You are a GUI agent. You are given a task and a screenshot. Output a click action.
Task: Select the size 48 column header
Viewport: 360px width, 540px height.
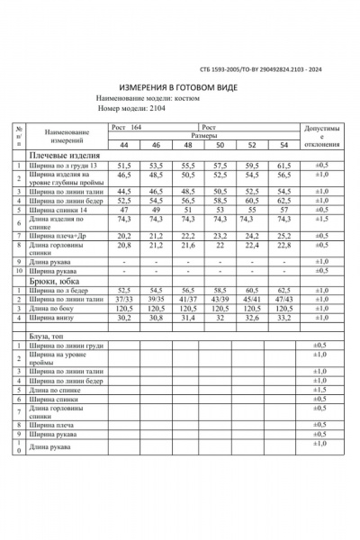pos(187,145)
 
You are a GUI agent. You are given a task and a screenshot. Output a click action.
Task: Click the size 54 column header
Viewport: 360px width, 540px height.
pos(283,145)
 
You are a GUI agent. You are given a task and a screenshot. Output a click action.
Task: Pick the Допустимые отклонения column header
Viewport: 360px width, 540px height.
pos(319,139)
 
